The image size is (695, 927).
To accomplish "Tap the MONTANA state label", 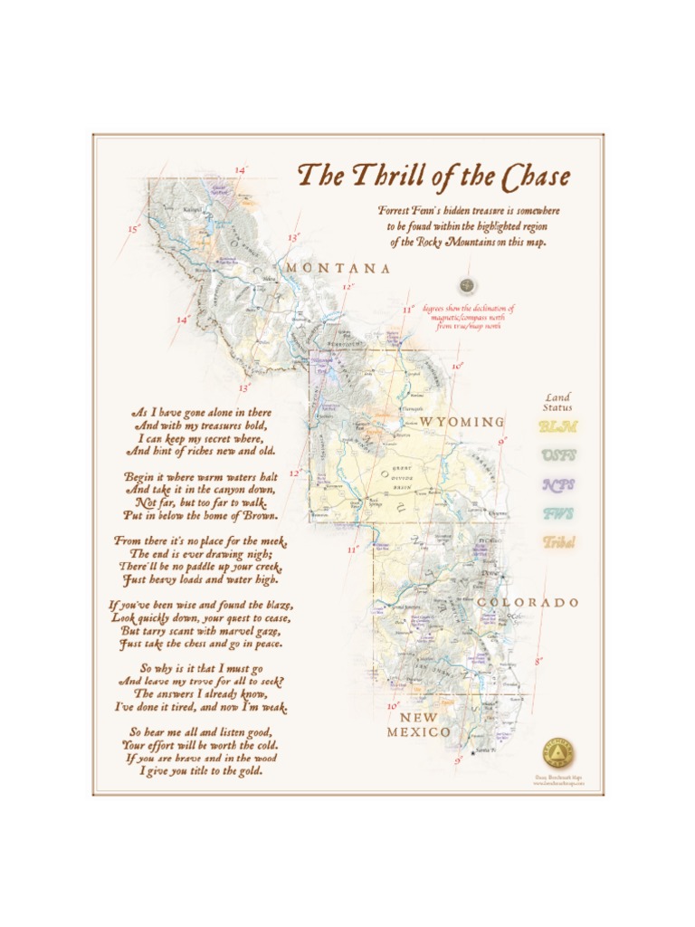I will tap(338, 269).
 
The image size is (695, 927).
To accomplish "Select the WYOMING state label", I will tap(462, 423).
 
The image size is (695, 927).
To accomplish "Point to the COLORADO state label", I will tap(528, 603).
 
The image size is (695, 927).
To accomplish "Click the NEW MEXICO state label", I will tap(419, 725).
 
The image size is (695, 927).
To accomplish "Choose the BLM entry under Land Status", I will tap(558, 427).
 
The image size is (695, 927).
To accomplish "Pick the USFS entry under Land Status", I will tap(558, 456).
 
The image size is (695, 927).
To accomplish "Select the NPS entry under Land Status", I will tap(558, 485).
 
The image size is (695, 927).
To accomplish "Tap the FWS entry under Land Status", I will tap(558, 514).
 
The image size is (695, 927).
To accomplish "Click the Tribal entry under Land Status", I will tap(558, 543).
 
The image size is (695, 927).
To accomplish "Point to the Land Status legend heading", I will tap(558, 402).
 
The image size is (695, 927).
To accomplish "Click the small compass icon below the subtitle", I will tap(467, 286).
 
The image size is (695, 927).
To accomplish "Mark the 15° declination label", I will tap(133, 230).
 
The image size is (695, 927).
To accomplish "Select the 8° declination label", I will tap(538, 662).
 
